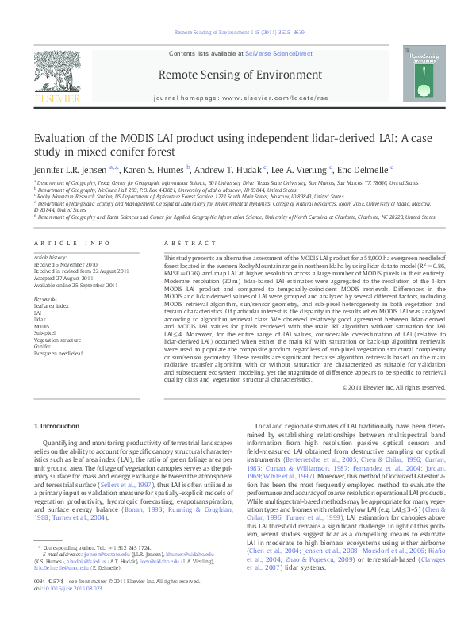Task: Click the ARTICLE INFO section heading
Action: tap(71, 243)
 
